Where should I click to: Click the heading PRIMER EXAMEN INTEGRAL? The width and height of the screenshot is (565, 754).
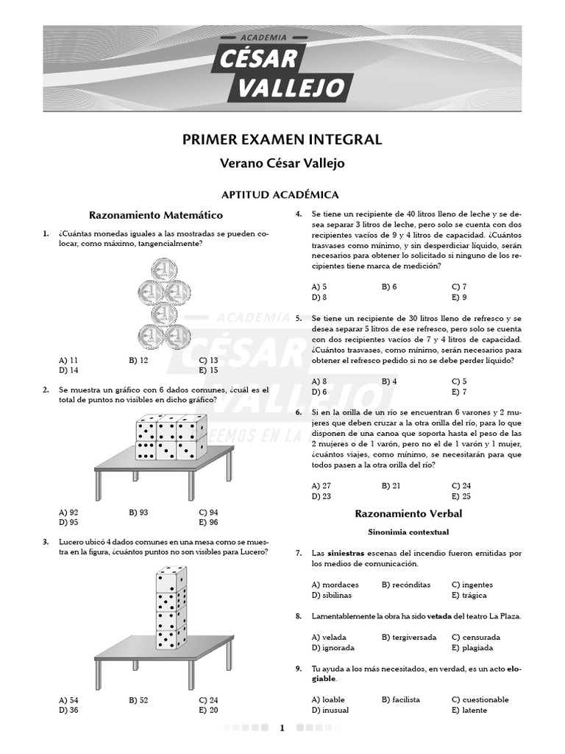[282, 140]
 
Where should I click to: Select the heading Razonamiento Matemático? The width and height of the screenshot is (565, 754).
[155, 215]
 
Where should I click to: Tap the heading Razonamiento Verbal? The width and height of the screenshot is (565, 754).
[408, 513]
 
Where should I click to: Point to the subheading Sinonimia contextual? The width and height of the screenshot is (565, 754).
[408, 531]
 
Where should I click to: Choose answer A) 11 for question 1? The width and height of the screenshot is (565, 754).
[68, 360]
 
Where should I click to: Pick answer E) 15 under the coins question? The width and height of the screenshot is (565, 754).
[208, 370]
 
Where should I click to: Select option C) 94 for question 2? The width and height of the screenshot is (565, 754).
[208, 512]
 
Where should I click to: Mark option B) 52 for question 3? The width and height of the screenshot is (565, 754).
[138, 700]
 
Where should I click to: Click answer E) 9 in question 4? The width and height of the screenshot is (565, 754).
[459, 297]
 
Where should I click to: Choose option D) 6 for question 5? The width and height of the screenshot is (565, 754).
[319, 392]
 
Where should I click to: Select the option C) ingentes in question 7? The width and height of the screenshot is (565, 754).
[472, 585]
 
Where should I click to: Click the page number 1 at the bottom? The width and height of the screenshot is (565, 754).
[282, 728]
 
